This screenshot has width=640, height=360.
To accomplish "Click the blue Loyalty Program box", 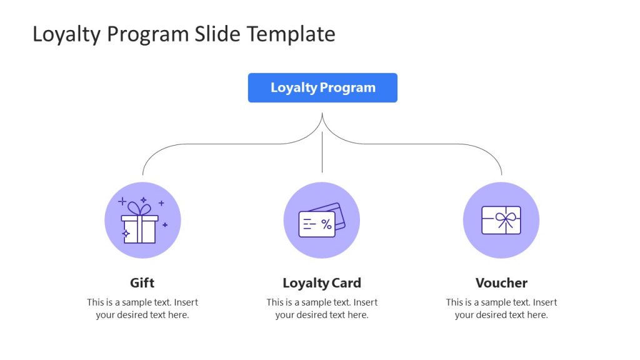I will pyautogui.click(x=322, y=87).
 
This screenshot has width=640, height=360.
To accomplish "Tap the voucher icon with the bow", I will pyautogui.click(x=501, y=220).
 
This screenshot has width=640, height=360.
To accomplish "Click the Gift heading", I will pyautogui.click(x=142, y=282).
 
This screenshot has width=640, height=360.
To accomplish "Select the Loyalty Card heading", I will pyautogui.click(x=322, y=282).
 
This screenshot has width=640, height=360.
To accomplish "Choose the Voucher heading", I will pyautogui.click(x=501, y=282).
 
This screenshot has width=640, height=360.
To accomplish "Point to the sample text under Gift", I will pyautogui.click(x=142, y=309).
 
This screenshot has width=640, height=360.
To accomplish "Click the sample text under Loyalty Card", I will pyautogui.click(x=322, y=309).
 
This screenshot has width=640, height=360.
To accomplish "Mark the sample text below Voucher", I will pyautogui.click(x=501, y=309).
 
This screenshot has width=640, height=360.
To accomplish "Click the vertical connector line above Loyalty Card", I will pyautogui.click(x=322, y=153).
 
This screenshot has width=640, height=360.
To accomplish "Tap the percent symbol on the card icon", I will pyautogui.click(x=326, y=224).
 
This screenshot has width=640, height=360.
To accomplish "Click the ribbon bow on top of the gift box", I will pyautogui.click(x=140, y=208).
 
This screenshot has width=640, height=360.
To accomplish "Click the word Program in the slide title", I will pyautogui.click(x=144, y=34).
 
